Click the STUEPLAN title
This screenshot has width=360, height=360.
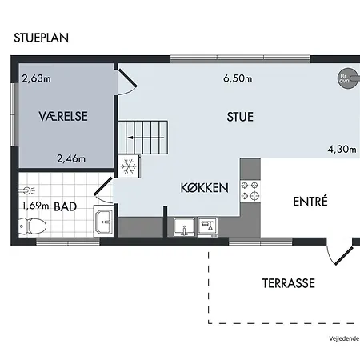click(x=42, y=38)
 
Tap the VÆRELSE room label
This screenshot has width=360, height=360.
click(x=63, y=116)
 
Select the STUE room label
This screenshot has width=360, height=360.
click(x=240, y=117)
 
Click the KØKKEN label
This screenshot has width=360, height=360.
click(x=205, y=188)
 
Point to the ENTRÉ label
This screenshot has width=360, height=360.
click(x=310, y=201)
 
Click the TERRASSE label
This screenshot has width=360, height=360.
click(x=289, y=283)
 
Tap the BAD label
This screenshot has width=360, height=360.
click(x=66, y=206)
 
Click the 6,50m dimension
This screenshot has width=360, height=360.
click(x=238, y=78)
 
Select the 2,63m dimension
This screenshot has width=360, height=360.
click(x=36, y=78)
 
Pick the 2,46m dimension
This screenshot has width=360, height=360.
click(x=71, y=158)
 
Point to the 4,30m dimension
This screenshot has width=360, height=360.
click(x=342, y=149)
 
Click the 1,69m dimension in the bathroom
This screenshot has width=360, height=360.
click(x=35, y=206)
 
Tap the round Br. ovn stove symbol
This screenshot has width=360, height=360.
click(x=348, y=78)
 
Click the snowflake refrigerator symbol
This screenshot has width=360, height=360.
click(x=129, y=166)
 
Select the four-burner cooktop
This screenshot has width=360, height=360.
click(x=250, y=190)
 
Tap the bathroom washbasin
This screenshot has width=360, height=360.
click(x=104, y=221)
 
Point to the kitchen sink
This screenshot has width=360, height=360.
click(x=184, y=227)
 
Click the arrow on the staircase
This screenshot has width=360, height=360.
click(x=146, y=138)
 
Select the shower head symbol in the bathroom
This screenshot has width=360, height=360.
click(x=27, y=190)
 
